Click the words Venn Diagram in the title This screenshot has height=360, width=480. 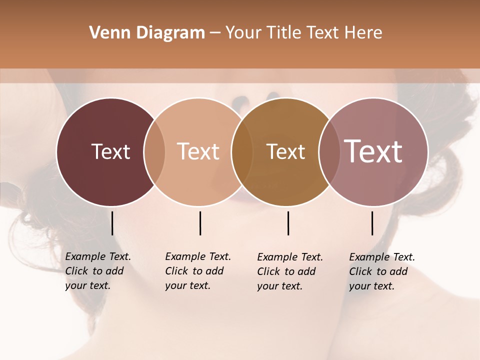pyautogui.click(x=147, y=33)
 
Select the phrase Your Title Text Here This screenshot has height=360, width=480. pyautogui.click(x=303, y=33)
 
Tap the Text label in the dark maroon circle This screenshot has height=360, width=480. pyautogui.click(x=110, y=151)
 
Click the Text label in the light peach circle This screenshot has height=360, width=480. pyautogui.click(x=198, y=151)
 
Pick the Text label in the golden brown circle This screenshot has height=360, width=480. pyautogui.click(x=285, y=151)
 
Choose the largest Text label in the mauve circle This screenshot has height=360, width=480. pyautogui.click(x=373, y=151)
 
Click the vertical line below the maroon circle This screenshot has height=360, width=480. pyautogui.click(x=112, y=223)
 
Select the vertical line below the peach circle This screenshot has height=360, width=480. pyautogui.click(x=200, y=223)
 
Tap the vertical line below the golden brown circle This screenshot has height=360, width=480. pyautogui.click(x=288, y=223)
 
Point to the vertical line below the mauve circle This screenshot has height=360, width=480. pyautogui.click(x=372, y=223)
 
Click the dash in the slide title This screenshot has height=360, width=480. pyautogui.click(x=215, y=33)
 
